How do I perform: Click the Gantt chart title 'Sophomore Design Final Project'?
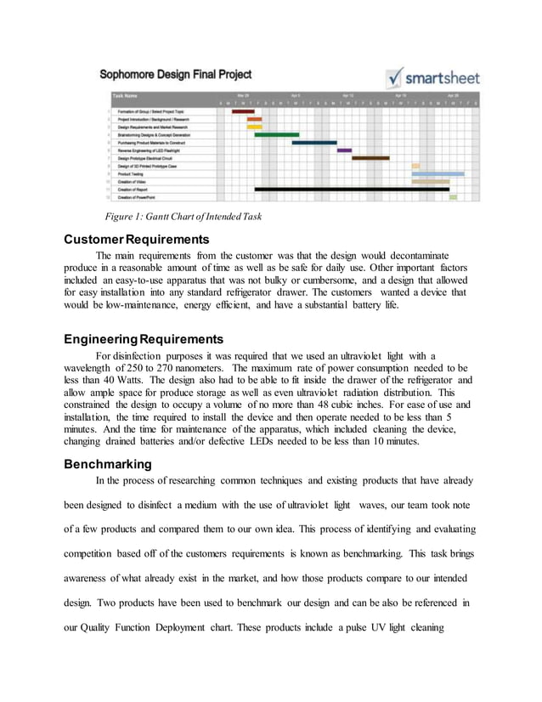(176, 75)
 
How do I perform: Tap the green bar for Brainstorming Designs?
(276, 134)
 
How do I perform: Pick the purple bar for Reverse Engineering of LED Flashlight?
(344, 150)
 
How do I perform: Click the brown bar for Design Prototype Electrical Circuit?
(370, 158)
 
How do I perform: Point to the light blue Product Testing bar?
(438, 173)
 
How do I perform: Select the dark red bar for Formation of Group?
(243, 111)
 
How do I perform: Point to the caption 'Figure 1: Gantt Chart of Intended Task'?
(183, 217)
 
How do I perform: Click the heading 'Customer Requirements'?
(137, 239)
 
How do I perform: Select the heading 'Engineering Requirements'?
(144, 339)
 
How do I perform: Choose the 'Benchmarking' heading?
(108, 464)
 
